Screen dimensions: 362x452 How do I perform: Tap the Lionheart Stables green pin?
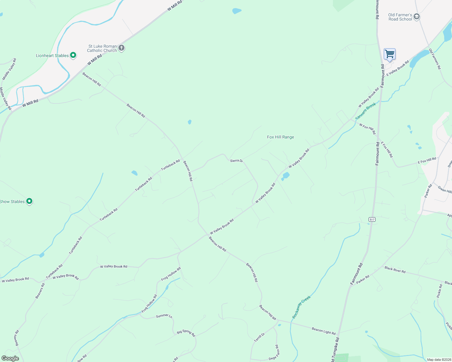(73, 55)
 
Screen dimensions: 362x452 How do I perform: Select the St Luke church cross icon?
(121, 48)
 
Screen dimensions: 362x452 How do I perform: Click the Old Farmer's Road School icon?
(417, 17)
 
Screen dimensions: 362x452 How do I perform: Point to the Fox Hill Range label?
(280, 137)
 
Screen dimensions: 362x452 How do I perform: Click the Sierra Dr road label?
(236, 161)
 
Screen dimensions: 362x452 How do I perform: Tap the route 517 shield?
(372, 219)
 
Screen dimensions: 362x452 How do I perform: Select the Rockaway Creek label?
(301, 307)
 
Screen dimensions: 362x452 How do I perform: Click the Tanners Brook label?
(366, 111)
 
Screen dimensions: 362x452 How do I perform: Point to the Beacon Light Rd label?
(324, 331)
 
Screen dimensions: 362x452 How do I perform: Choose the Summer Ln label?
(164, 316)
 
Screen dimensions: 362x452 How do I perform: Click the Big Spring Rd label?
(186, 333)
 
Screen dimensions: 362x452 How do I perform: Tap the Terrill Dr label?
(259, 337)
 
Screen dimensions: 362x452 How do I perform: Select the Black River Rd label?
(395, 269)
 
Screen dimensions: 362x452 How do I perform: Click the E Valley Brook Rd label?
(398, 68)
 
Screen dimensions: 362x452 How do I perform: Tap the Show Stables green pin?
(29, 201)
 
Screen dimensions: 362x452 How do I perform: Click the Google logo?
(10, 358)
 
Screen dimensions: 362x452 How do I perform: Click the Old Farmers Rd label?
(435, 59)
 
